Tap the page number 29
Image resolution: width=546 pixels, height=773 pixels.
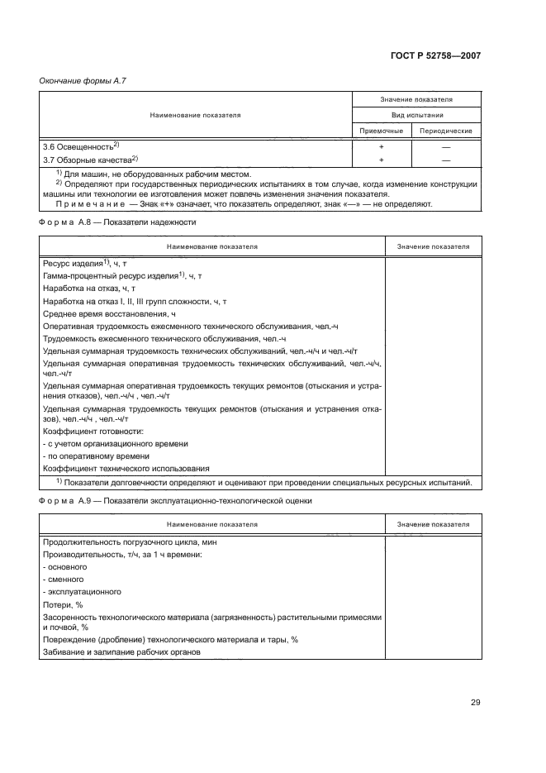475,703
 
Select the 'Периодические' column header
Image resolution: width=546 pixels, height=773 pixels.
445,131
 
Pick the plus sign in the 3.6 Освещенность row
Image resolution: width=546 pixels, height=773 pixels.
381,146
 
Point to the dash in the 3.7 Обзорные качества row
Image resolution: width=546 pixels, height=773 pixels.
445,159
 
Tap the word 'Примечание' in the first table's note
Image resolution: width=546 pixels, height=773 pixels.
83,203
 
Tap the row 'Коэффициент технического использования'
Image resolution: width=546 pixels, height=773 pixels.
126,468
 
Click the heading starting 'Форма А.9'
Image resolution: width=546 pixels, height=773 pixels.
175,502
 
